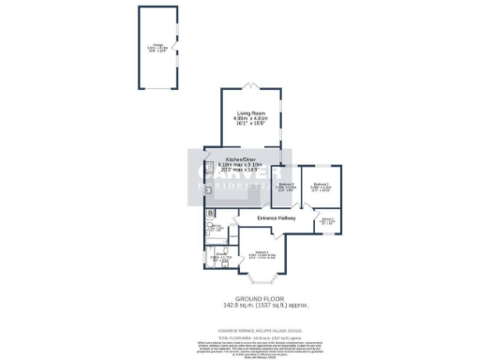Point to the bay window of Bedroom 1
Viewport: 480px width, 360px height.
pyautogui.click(x=258, y=278)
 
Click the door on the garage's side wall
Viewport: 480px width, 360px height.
pyautogui.click(x=176, y=47)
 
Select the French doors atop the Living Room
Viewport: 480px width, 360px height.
pyautogui.click(x=248, y=88)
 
